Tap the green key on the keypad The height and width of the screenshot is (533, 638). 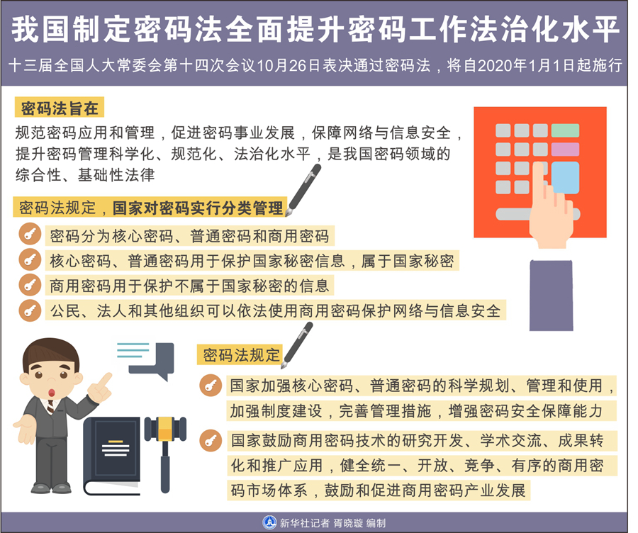click(565, 130)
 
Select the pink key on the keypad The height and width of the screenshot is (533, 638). click(565, 150)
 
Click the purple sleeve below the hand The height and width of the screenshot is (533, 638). click(551, 294)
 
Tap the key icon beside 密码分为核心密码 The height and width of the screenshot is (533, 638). click(29, 235)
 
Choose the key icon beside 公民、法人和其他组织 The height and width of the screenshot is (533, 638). click(29, 310)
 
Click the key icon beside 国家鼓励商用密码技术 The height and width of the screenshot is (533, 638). click(210, 440)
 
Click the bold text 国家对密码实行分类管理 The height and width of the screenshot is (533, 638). click(198, 208)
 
